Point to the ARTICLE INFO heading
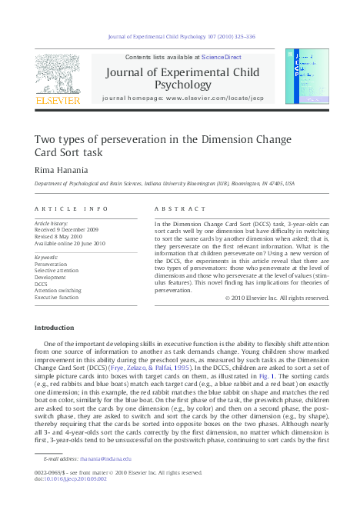click(x=72, y=209)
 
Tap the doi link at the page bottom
click(x=71, y=479)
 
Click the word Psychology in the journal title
click(x=188, y=85)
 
